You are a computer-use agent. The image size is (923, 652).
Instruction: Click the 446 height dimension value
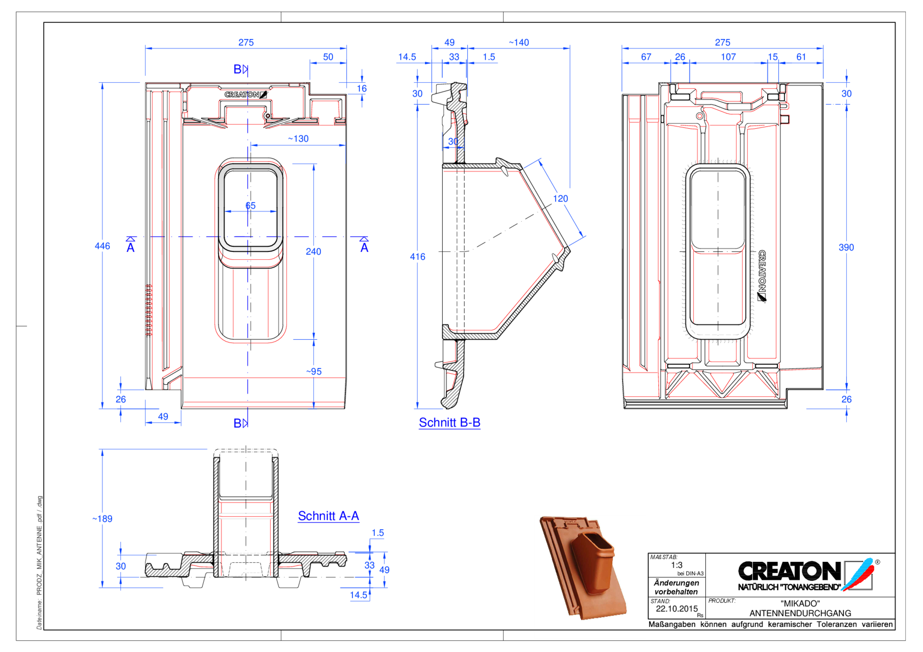tap(102, 246)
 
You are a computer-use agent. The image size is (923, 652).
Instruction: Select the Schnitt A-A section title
tap(328, 516)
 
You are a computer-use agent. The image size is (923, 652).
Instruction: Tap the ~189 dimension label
tap(102, 519)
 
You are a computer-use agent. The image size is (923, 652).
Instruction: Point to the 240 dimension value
tap(313, 252)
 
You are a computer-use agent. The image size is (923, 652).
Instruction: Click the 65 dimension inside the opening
tap(251, 206)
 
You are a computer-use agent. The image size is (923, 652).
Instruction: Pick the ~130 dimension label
tap(298, 139)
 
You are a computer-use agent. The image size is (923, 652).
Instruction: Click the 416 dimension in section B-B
tap(417, 257)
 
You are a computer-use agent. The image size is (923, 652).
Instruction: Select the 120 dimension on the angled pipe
tap(560, 199)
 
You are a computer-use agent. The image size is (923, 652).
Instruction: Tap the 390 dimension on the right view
tap(846, 248)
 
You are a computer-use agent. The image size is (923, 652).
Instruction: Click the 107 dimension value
tap(728, 57)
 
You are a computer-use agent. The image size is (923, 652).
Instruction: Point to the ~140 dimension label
tap(518, 43)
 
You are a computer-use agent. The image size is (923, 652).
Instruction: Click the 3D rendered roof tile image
tap(583, 567)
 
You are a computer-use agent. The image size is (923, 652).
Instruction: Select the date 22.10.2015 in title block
tap(677, 609)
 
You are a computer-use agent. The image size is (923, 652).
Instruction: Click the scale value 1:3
tap(677, 565)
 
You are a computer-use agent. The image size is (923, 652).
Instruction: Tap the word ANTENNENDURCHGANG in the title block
tap(800, 613)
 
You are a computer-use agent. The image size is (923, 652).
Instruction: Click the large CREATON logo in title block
tap(790, 571)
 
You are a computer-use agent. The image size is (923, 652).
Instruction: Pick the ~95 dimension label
tap(314, 372)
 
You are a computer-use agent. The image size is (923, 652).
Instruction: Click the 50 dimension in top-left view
tap(328, 57)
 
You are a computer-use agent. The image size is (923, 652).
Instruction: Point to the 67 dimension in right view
tap(646, 57)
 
